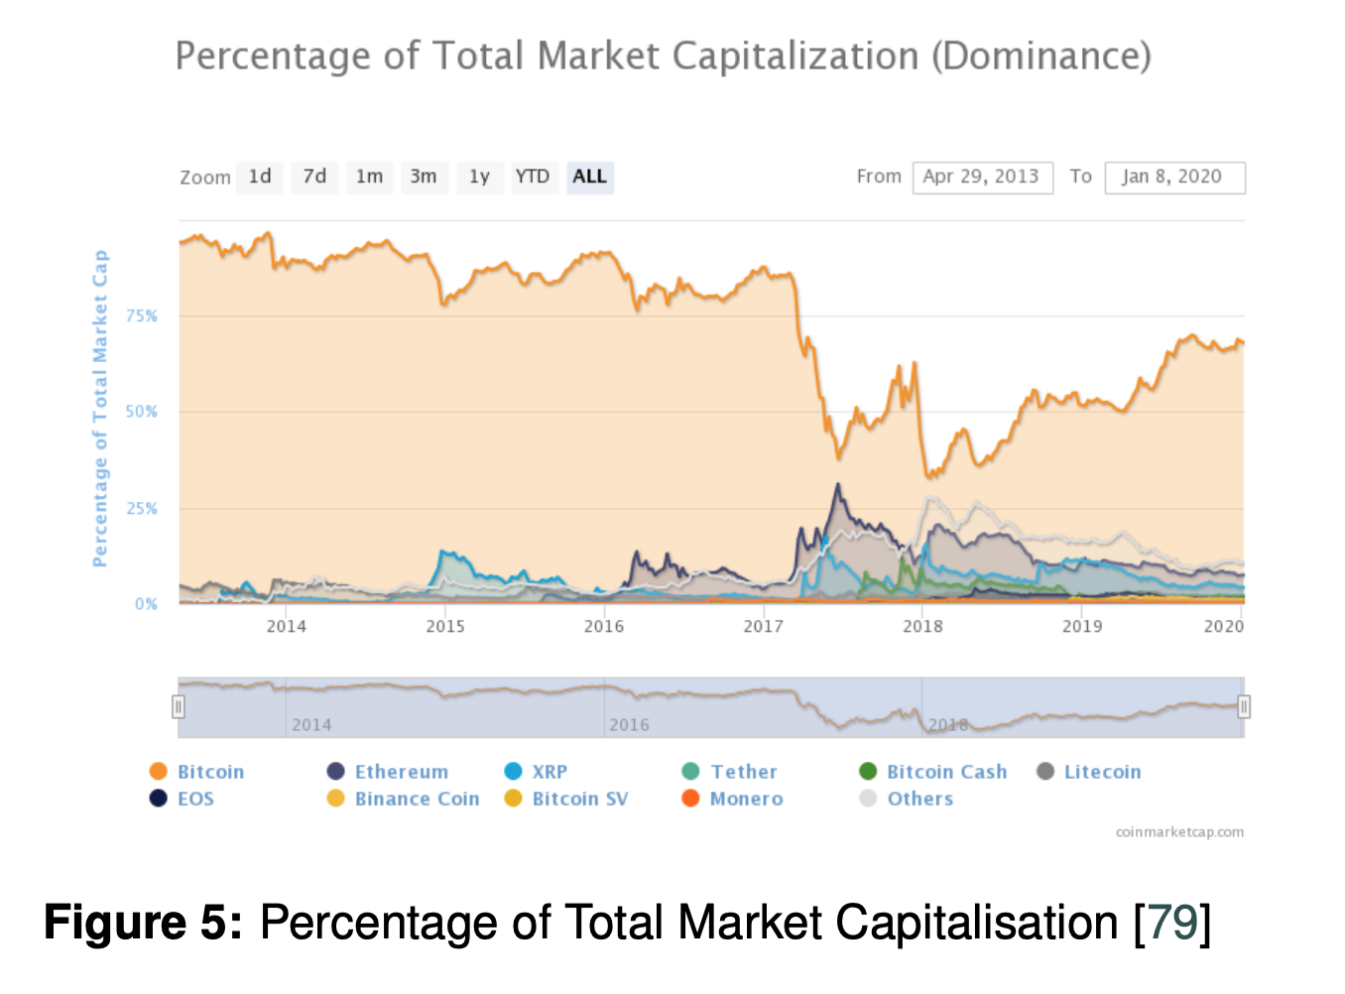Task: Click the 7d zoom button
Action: click(x=314, y=177)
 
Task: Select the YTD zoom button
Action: click(x=532, y=177)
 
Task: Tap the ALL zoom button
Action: click(x=589, y=177)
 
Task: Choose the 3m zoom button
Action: click(x=424, y=177)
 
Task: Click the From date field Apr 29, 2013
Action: click(x=982, y=177)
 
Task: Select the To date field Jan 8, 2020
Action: click(x=1173, y=177)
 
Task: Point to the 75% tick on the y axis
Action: click(x=142, y=315)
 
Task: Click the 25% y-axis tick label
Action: click(x=142, y=508)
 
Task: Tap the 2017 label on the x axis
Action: click(x=763, y=626)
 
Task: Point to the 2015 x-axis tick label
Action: click(x=445, y=626)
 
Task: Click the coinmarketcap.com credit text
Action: click(x=1179, y=832)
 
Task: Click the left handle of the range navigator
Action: click(x=179, y=706)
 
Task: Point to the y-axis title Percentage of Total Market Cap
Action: click(x=99, y=409)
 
